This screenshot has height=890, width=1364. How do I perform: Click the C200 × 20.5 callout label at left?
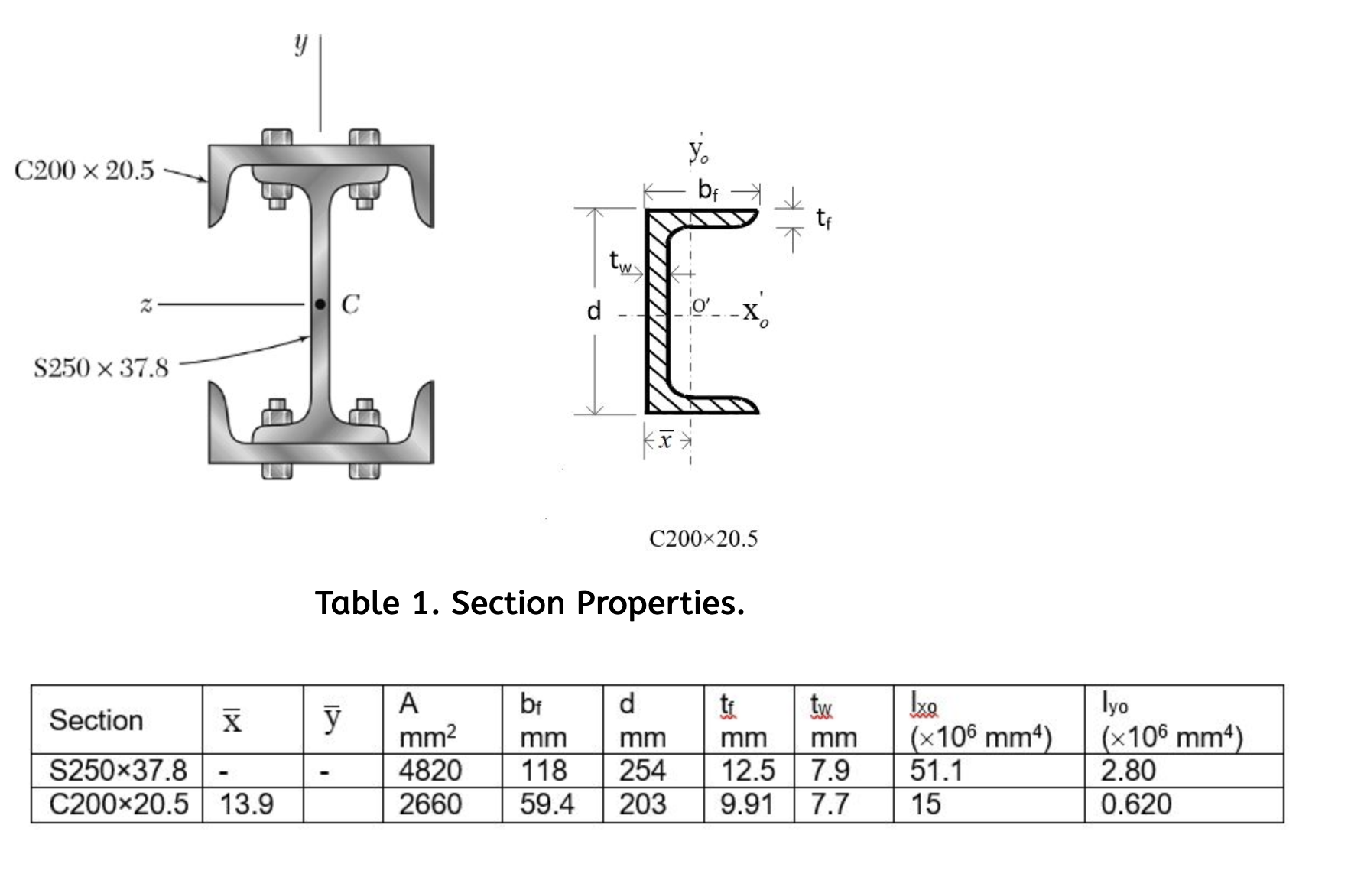pos(84,170)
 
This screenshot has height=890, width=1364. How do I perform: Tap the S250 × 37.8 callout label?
pos(100,368)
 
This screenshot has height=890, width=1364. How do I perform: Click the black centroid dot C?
pos(320,304)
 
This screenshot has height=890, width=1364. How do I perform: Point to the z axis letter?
pos(146,304)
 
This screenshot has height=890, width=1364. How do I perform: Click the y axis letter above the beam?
pos(300,44)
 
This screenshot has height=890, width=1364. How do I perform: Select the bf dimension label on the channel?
pos(708,190)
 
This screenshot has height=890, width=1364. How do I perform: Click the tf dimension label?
pos(823,219)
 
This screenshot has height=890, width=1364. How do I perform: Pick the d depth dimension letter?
pos(594,310)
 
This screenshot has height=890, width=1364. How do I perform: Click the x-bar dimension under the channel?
pos(667,440)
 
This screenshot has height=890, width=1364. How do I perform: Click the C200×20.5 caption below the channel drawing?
pos(703,539)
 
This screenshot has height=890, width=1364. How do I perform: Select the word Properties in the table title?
pos(660,603)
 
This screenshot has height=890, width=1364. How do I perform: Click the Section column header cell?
pos(96,720)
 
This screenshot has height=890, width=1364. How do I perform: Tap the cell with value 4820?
pos(430,771)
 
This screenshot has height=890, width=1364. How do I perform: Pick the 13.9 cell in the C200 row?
pos(246,804)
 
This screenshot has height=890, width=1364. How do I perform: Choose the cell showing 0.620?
pos(1135,804)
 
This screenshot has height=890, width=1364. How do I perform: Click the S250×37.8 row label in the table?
pos(118,771)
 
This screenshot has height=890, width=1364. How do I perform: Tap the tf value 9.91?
pos(747,804)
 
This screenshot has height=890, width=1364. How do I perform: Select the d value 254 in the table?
pos(642,771)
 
